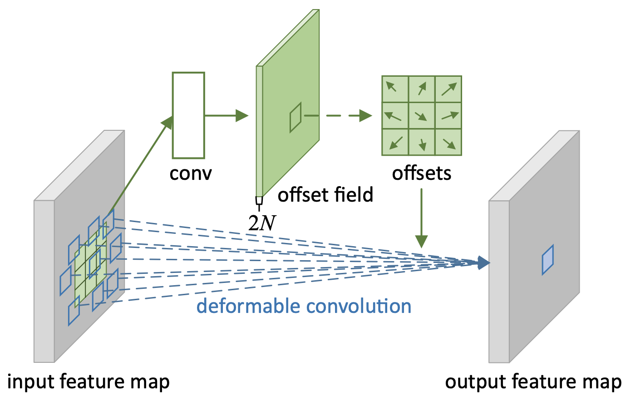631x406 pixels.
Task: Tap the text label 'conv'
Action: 190,173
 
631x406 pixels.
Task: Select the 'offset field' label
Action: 325,194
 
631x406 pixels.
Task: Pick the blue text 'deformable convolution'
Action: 304,306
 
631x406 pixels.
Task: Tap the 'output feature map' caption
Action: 533,382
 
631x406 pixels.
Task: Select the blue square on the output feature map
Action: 547,259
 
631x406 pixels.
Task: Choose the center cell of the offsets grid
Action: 422,115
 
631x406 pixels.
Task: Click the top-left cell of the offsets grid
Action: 395,89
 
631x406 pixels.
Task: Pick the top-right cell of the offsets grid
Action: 448,89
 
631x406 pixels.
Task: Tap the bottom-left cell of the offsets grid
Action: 395,142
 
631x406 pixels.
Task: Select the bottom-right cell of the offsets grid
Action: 448,142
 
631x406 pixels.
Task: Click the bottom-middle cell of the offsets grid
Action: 422,142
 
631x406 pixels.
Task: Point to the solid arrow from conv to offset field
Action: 227,115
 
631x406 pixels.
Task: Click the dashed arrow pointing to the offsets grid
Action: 338,115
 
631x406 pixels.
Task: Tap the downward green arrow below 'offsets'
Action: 421,218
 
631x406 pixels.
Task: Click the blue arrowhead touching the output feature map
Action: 483,263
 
